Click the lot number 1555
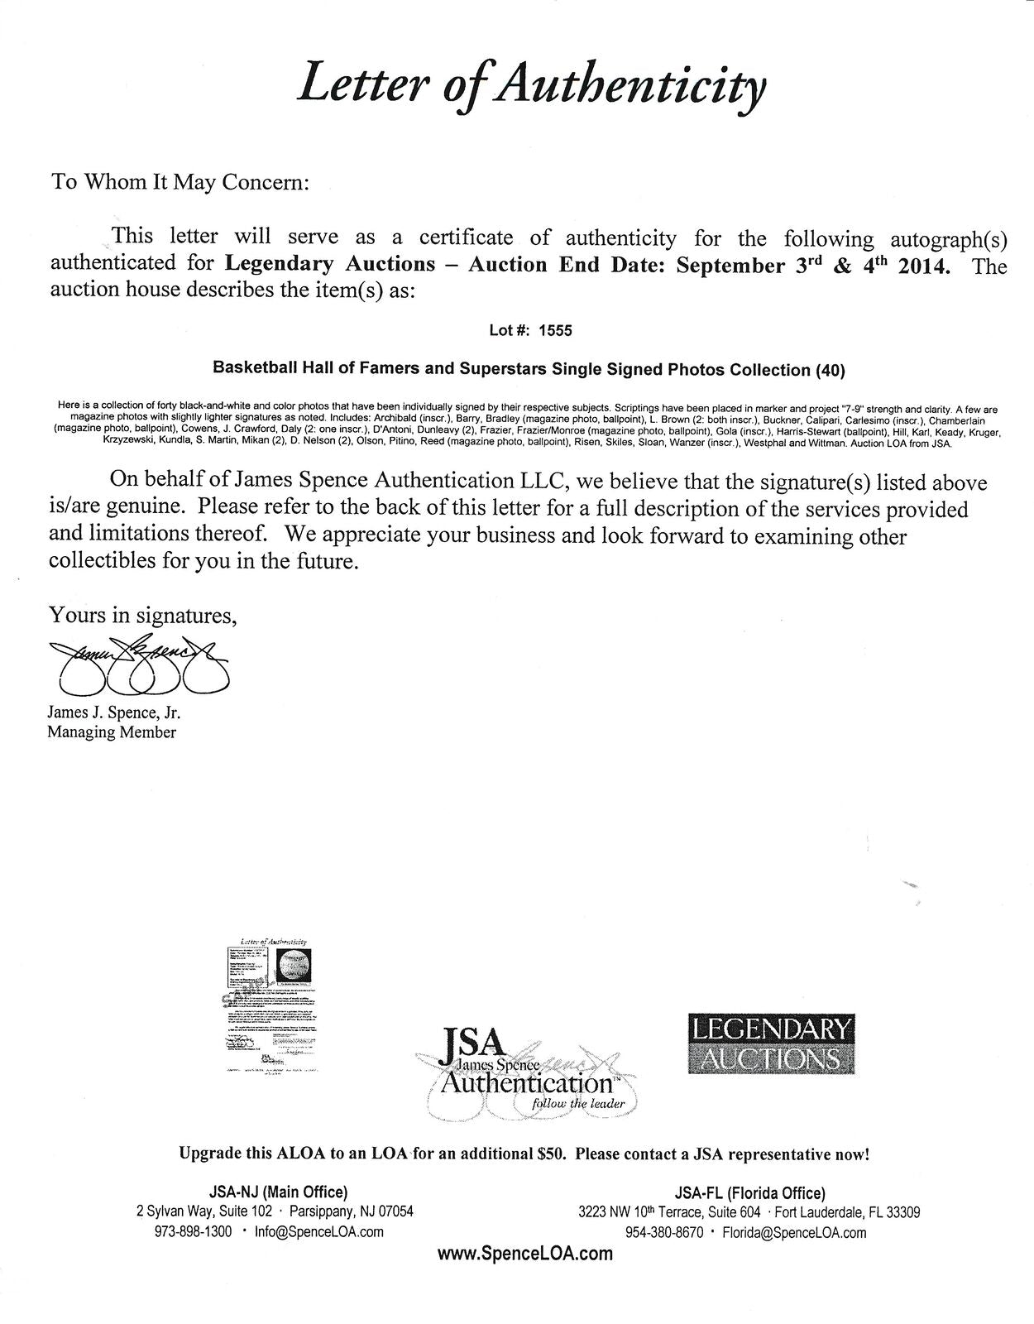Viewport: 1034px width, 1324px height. click(555, 330)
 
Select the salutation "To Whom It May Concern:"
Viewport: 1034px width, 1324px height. click(180, 182)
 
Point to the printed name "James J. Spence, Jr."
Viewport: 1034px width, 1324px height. click(114, 713)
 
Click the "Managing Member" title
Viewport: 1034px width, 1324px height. click(111, 732)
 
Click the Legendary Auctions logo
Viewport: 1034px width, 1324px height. click(770, 1044)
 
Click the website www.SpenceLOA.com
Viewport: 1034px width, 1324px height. click(524, 1254)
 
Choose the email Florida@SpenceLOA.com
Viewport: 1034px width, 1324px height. click(794, 1233)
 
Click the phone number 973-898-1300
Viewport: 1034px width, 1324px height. click(193, 1231)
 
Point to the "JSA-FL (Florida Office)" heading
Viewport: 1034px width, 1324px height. click(749, 1193)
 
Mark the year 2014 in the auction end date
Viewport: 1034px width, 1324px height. click(918, 266)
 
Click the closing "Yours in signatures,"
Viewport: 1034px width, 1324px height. click(143, 616)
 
